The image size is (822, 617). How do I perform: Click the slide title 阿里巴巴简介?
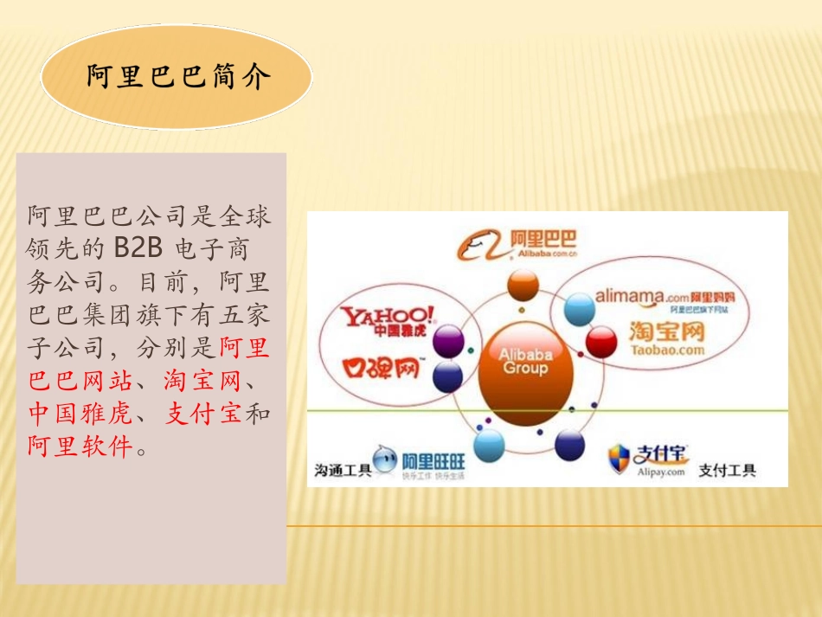[x=178, y=78]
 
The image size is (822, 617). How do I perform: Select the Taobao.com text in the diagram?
[x=667, y=350]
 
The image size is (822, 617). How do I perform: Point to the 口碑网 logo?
[x=382, y=370]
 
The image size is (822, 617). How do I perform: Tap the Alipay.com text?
[x=661, y=472]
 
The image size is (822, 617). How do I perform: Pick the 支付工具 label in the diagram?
[x=727, y=471]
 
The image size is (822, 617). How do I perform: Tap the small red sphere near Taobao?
[x=600, y=342]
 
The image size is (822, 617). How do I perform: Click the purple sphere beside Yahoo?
[x=448, y=342]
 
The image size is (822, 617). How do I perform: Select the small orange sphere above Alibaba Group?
[x=523, y=285]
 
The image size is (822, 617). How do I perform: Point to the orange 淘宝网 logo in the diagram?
[x=667, y=332]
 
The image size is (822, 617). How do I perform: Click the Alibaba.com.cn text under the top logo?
[x=543, y=255]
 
